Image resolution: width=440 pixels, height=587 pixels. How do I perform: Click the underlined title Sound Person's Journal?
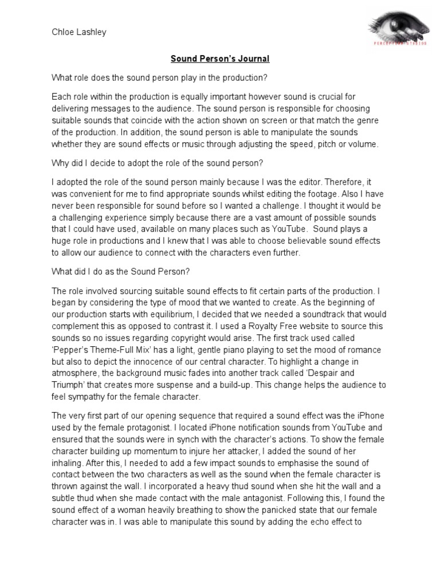click(x=219, y=58)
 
